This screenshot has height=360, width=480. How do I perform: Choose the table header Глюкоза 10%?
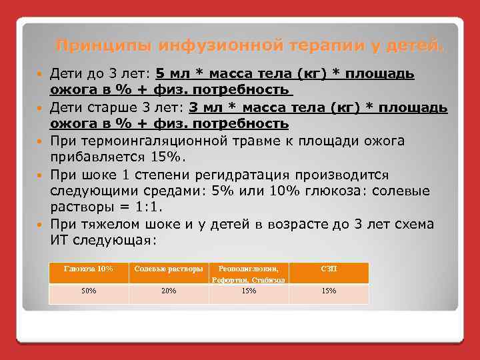pos(89,269)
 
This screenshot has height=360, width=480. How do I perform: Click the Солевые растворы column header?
pos(169,269)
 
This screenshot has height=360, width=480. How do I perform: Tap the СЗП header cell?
pos(329,269)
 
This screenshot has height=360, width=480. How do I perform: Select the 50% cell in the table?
pos(89,291)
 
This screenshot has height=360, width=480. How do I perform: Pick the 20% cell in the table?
pos(169,291)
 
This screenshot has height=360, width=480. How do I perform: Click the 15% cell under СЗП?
pos(329,291)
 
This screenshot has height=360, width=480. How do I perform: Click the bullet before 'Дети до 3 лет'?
pos(39,73)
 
